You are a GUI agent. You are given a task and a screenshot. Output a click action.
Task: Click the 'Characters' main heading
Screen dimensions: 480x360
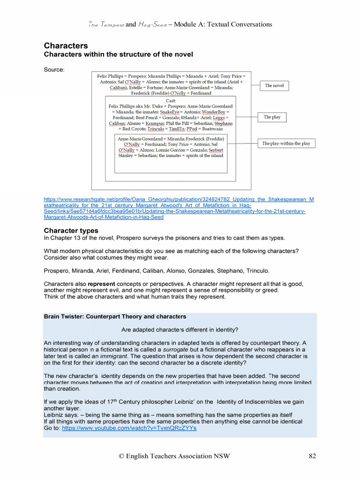coord(66,45)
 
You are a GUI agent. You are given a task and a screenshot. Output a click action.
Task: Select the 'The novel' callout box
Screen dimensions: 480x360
coord(274,86)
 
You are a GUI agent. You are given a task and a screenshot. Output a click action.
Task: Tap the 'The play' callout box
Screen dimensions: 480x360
coord(272,117)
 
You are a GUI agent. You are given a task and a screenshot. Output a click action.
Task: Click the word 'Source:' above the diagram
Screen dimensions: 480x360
coord(54,70)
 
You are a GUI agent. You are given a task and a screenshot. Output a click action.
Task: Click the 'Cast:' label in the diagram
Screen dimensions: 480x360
coord(171,101)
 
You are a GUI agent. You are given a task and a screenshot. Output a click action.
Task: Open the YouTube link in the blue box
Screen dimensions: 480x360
coord(129,428)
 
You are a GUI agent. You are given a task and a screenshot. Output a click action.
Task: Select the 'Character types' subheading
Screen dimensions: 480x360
coord(71,230)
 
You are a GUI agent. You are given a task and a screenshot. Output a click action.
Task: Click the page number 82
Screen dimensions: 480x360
coord(314,456)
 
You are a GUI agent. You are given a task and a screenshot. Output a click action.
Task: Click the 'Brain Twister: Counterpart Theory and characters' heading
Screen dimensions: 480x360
coord(115,316)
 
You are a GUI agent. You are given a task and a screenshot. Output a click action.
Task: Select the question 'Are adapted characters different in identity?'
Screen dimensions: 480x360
coord(180,329)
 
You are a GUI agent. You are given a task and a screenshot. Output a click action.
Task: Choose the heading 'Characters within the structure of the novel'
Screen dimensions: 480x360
coord(118,55)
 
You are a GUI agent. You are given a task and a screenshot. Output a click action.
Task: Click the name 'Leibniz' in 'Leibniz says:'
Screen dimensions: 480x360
coord(54,415)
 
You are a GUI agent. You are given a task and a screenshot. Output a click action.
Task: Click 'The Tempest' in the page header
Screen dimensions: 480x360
coord(106,24)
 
